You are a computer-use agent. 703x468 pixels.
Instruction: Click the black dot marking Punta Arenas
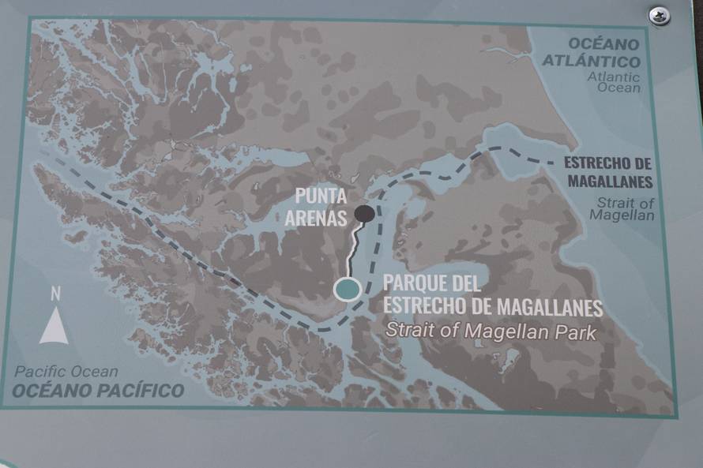coord(364,212)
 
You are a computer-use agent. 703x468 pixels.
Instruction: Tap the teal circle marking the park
coord(346,290)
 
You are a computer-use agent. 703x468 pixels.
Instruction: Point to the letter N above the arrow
coord(55,294)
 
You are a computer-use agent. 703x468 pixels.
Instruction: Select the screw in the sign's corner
coord(659,15)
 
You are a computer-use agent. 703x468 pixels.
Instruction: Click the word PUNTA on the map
coord(321,196)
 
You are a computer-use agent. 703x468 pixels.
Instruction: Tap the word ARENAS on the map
coord(320,218)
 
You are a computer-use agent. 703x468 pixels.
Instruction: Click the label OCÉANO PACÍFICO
coord(98,390)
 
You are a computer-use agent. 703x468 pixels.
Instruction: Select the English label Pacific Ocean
coord(66,372)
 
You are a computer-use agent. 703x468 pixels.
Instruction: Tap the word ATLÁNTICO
coord(591,61)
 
